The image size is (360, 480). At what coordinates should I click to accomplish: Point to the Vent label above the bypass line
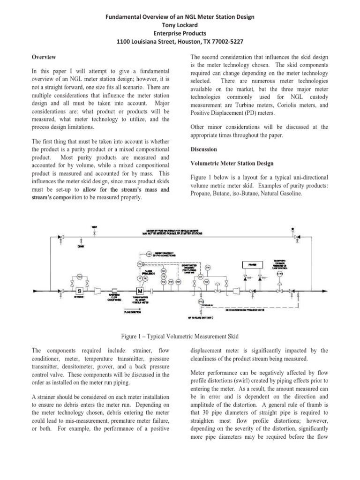click(94, 227)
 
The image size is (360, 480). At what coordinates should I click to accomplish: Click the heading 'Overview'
click(45, 57)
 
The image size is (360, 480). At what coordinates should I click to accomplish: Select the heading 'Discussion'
click(204, 149)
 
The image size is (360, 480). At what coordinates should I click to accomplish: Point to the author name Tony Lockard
click(180, 25)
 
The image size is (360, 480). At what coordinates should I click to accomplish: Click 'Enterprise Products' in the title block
click(180, 33)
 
